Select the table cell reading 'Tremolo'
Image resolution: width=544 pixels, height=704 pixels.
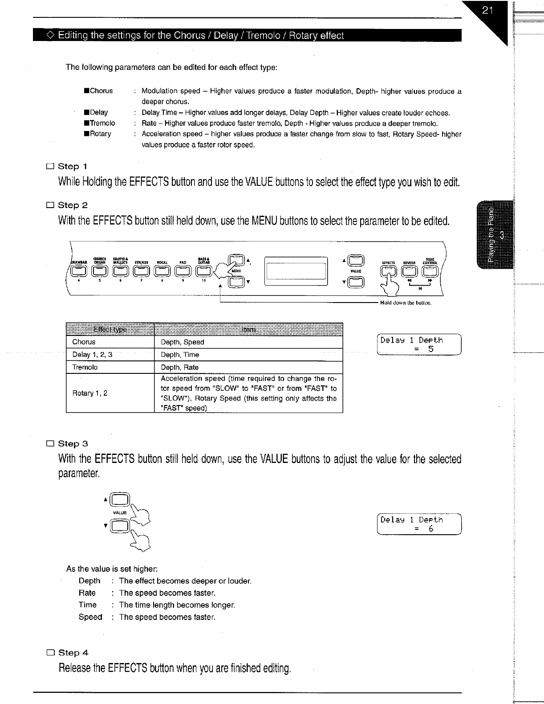point(85,367)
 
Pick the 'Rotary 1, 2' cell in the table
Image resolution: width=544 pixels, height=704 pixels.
point(90,393)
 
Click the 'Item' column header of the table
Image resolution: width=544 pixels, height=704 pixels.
point(248,329)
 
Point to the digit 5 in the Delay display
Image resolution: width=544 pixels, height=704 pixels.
point(430,349)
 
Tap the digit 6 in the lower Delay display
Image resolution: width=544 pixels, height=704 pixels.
point(430,529)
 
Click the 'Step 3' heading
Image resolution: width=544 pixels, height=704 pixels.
point(73,444)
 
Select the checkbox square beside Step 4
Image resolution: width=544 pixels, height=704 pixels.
point(50,653)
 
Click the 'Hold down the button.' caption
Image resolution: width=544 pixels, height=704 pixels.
point(406,303)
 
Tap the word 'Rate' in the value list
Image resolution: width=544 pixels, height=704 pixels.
point(87,593)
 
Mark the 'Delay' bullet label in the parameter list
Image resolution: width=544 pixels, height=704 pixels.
point(99,112)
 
